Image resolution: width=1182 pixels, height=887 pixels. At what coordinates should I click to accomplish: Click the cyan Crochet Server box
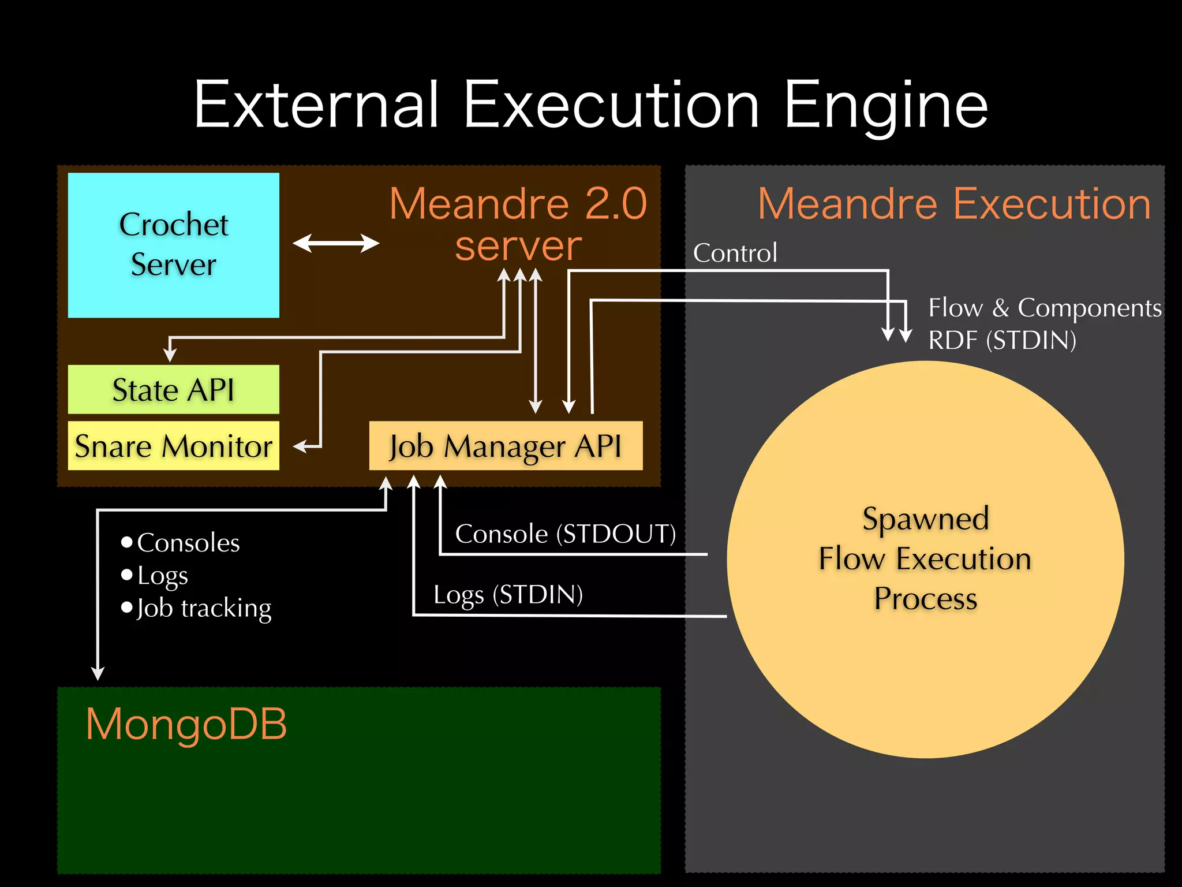pyautogui.click(x=173, y=245)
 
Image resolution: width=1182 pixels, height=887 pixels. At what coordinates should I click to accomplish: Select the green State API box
pyautogui.click(x=173, y=389)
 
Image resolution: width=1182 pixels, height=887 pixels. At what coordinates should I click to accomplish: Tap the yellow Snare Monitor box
pyautogui.click(x=173, y=446)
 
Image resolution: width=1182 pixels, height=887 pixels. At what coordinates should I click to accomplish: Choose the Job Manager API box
pyautogui.click(x=506, y=446)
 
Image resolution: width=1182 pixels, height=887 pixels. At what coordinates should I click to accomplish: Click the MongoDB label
pyautogui.click(x=186, y=724)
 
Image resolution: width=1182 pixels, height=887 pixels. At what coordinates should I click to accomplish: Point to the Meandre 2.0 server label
pyautogui.click(x=518, y=224)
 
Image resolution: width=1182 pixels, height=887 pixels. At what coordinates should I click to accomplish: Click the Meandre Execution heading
pyautogui.click(x=953, y=204)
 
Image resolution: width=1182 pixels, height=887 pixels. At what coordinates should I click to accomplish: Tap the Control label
pyautogui.click(x=735, y=253)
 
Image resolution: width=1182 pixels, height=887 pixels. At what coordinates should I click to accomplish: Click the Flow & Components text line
pyautogui.click(x=1045, y=308)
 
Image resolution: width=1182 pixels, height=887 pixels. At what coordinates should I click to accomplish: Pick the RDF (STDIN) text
pyautogui.click(x=1002, y=340)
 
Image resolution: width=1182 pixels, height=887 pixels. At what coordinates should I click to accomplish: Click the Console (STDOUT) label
pyautogui.click(x=565, y=534)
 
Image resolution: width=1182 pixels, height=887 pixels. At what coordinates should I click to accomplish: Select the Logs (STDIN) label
pyautogui.click(x=508, y=594)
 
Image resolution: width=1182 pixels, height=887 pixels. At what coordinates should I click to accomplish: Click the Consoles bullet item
pyautogui.click(x=188, y=543)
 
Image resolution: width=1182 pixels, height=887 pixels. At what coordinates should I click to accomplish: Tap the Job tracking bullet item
pyautogui.click(x=203, y=608)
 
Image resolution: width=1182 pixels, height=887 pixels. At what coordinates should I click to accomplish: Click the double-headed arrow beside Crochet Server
pyautogui.click(x=336, y=243)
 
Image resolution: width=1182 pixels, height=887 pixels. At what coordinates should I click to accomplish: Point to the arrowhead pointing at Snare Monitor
pyautogui.click(x=300, y=446)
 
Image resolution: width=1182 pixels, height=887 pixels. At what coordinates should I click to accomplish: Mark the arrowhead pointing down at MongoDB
pyautogui.click(x=98, y=673)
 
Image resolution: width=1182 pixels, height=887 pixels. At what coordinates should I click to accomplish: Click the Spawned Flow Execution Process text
pyautogui.click(x=925, y=558)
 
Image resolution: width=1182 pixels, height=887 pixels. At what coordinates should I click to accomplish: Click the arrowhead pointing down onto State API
pyautogui.click(x=170, y=354)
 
